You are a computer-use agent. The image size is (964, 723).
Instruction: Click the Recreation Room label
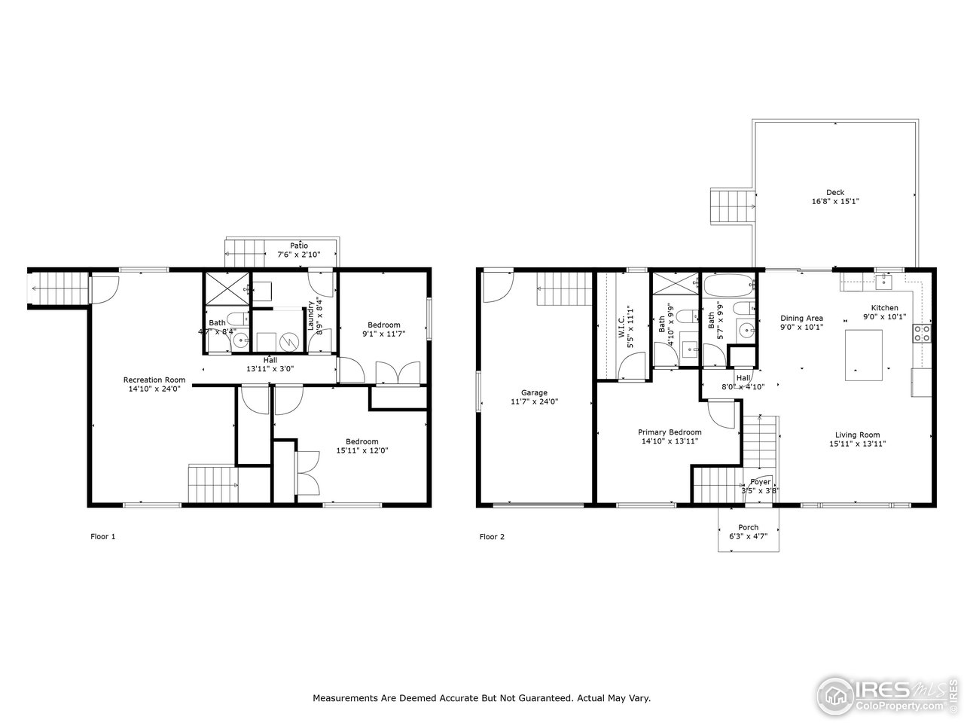(x=154, y=379)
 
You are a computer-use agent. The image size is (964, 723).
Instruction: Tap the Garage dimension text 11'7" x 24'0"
(x=534, y=402)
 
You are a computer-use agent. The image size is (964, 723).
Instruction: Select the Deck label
(x=834, y=192)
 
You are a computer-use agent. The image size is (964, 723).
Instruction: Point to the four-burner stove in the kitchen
(x=923, y=333)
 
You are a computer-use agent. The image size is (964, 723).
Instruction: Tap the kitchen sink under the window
(x=882, y=282)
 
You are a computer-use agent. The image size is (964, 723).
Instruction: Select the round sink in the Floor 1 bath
(x=240, y=341)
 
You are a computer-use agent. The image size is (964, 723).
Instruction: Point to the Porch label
(x=748, y=527)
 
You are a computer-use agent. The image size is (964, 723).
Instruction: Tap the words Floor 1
(x=102, y=537)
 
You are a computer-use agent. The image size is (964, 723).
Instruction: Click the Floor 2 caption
(x=492, y=537)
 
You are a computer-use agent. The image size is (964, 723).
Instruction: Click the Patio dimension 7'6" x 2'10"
(x=299, y=255)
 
